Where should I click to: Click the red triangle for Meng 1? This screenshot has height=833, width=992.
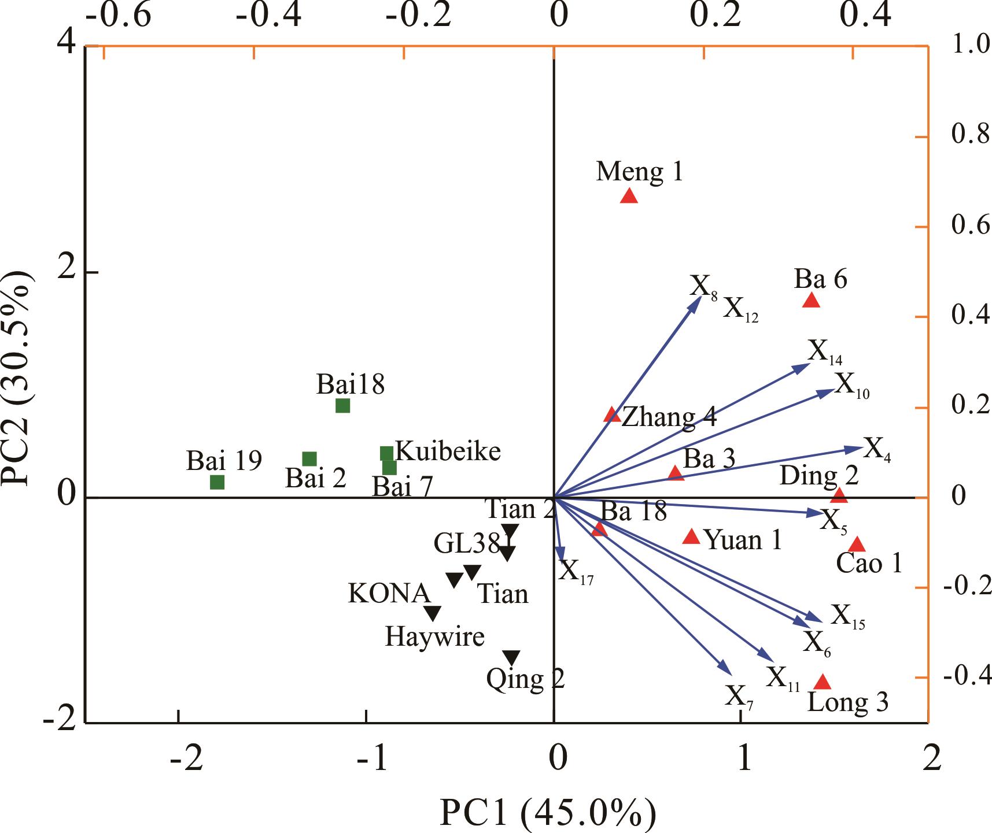629,197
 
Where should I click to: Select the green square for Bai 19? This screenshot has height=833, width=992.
217,482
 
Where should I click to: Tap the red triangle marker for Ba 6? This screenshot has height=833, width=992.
812,301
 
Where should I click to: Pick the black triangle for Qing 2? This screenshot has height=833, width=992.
511,657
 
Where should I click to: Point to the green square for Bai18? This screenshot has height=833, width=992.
342,406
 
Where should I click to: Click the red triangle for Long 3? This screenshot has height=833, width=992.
823,683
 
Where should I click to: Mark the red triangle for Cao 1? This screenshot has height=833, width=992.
857,545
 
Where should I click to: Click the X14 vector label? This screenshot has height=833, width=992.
825,352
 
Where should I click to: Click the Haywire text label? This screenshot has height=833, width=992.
435,637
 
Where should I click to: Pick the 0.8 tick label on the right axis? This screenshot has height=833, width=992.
969,136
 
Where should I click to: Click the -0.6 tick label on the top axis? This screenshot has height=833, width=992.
119,16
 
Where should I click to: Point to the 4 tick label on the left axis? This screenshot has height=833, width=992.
70,45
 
